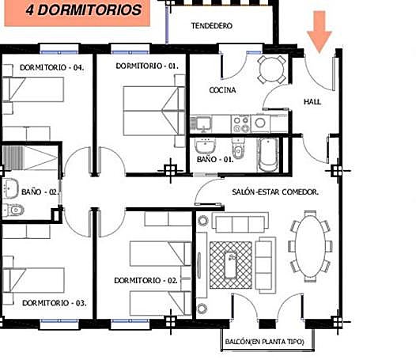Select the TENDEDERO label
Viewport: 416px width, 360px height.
pos(211,26)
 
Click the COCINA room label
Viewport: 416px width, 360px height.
pos(222,90)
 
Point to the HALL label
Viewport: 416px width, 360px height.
pos(315,101)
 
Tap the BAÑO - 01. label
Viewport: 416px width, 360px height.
pos(214,160)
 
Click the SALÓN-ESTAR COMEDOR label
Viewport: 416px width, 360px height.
pos(275,192)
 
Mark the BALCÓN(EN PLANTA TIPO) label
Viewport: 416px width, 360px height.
pos(267,342)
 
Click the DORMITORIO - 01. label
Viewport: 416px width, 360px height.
pos(145,66)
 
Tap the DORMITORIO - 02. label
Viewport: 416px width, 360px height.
pos(145,280)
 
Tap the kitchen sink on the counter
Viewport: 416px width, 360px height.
pos(203,123)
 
